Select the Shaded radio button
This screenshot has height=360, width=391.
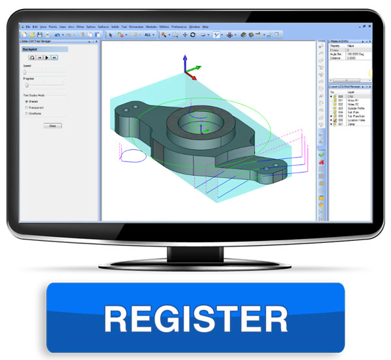(x=26, y=101)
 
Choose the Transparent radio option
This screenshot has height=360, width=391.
(x=26, y=107)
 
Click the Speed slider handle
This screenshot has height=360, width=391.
(x=25, y=72)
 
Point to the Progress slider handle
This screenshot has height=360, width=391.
(x=27, y=85)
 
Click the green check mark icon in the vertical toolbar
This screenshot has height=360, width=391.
(x=321, y=155)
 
